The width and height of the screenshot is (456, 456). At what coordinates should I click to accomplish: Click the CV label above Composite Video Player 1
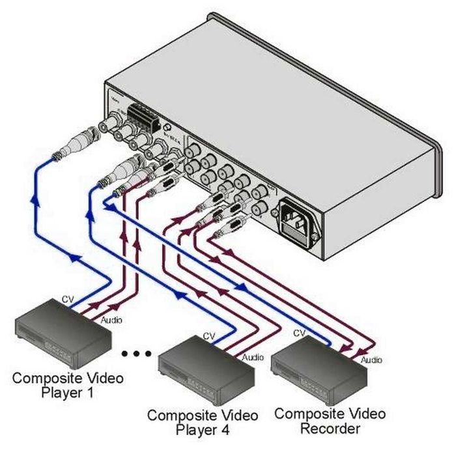click(67, 300)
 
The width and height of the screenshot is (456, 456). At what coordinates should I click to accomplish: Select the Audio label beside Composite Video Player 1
click(111, 320)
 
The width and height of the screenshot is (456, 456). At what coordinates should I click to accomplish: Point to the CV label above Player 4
click(209, 336)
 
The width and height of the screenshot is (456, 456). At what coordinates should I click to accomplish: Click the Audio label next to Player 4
click(253, 357)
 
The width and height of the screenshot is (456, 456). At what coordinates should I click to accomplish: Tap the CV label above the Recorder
click(299, 333)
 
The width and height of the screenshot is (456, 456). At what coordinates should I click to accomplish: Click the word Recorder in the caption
click(330, 429)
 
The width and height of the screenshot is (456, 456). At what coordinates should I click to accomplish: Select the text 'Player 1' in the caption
click(68, 392)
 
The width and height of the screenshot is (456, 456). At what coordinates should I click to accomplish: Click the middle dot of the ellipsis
click(137, 354)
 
